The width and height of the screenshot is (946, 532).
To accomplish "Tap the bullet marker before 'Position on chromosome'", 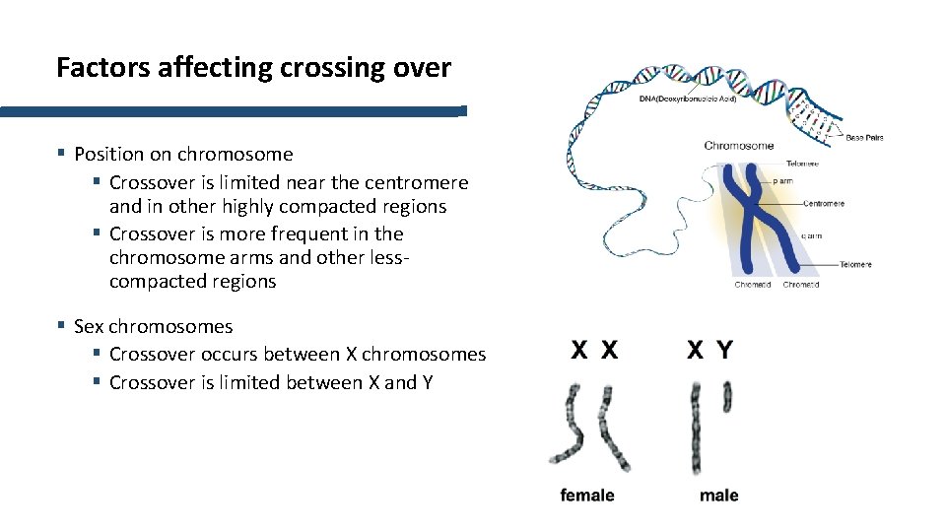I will [61, 153].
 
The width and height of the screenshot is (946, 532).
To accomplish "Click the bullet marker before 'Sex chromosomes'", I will [61, 325].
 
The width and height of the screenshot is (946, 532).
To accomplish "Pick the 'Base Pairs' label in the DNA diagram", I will [864, 138].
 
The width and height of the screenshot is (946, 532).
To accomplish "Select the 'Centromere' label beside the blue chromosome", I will [824, 203].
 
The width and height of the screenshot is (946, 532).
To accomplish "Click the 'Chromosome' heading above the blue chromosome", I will [738, 146].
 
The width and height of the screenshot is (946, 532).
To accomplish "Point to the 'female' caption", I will [586, 496].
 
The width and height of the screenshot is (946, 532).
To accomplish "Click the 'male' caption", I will [718, 496].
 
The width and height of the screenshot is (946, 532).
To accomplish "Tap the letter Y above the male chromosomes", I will [725, 350].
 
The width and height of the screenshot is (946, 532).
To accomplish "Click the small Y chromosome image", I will [727, 397].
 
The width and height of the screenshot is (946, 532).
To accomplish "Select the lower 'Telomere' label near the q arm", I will [855, 264].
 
